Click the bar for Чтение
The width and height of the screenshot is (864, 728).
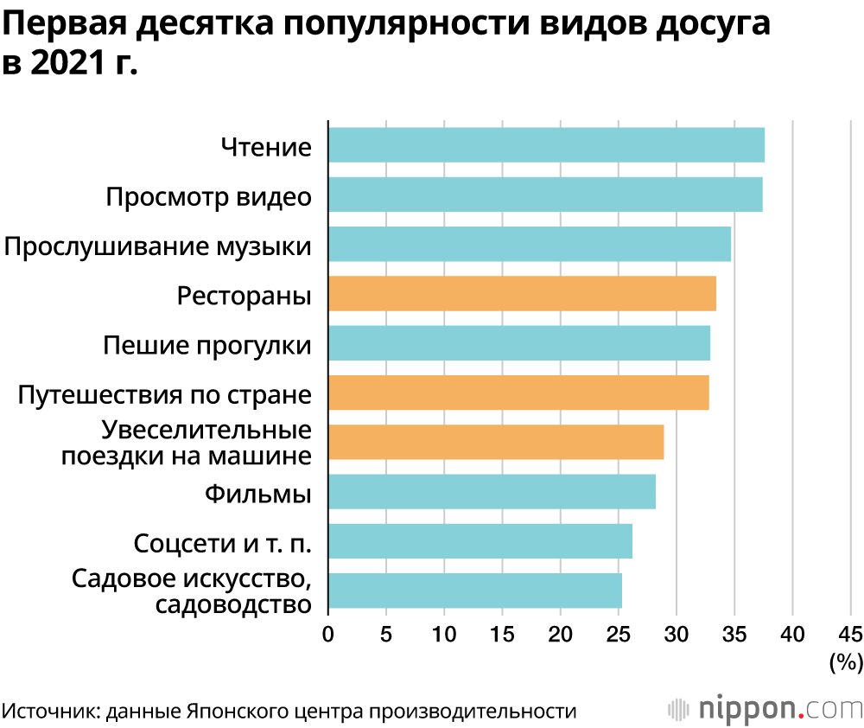(x=546, y=144)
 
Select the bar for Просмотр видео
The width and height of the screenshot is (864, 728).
(x=545, y=195)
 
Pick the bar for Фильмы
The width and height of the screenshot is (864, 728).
(x=492, y=492)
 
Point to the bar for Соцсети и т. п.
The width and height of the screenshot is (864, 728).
(x=480, y=541)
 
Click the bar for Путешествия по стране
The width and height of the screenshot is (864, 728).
(x=518, y=393)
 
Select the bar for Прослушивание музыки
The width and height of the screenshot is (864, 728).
(x=530, y=244)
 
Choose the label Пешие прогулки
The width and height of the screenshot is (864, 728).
(x=207, y=345)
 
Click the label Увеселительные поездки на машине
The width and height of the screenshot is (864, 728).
(x=186, y=443)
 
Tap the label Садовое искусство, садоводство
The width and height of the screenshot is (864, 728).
(x=191, y=591)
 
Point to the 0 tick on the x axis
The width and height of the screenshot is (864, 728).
(x=328, y=635)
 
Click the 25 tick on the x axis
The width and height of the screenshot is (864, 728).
(x=619, y=635)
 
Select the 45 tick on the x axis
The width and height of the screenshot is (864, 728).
(x=850, y=635)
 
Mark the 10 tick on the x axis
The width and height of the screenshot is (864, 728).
(x=444, y=635)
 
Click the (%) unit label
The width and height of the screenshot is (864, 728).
(x=846, y=663)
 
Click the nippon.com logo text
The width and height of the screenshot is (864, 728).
(x=778, y=708)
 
